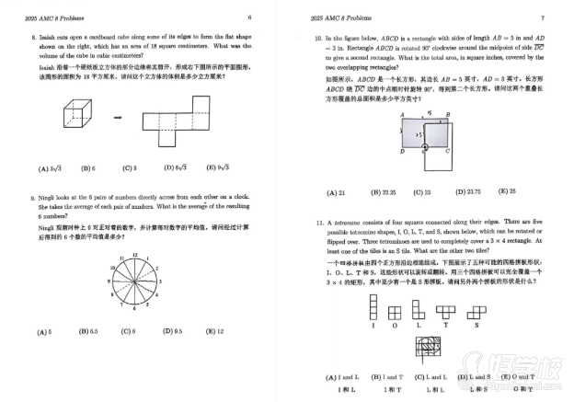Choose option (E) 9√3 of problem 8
(x=218, y=168)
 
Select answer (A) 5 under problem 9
(x=44, y=330)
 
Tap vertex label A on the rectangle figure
(x=402, y=118)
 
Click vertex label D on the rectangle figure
(x=402, y=150)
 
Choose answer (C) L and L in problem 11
(x=426, y=378)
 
